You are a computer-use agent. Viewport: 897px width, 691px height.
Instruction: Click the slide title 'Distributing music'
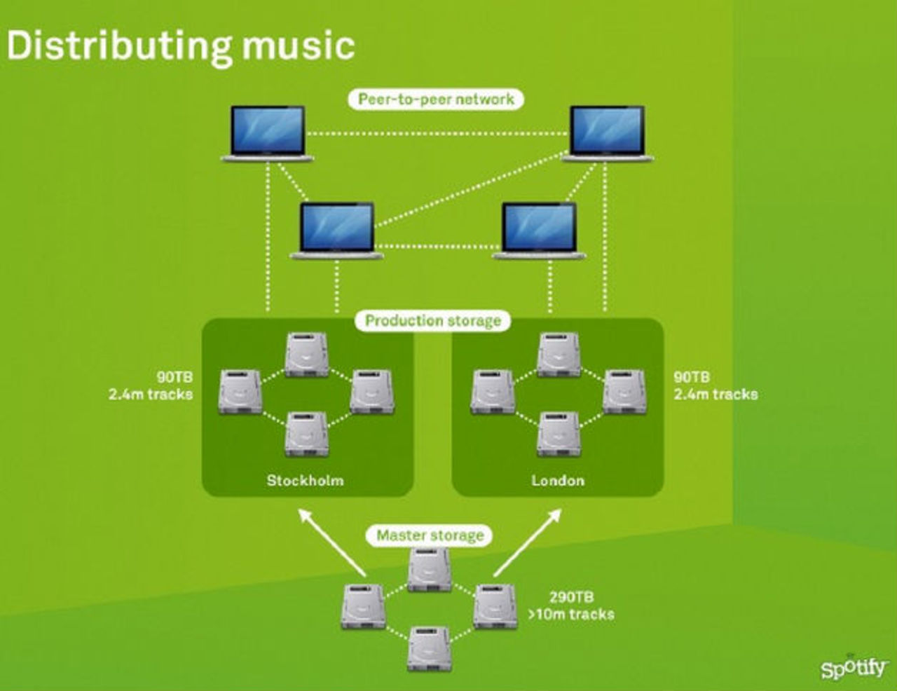(x=181, y=45)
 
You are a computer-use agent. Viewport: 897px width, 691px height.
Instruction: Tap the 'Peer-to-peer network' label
(x=436, y=99)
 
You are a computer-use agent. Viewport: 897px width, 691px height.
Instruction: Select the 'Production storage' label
(x=433, y=321)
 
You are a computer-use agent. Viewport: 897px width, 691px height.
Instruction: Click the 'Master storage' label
(x=430, y=535)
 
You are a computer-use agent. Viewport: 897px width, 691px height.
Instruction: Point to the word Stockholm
(x=305, y=481)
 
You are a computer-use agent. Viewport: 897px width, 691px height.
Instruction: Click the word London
(x=557, y=481)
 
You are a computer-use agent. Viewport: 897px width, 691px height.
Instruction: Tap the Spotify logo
(x=853, y=667)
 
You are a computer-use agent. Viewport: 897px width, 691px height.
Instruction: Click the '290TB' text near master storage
(x=571, y=597)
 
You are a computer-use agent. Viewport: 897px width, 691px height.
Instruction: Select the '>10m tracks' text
(x=571, y=615)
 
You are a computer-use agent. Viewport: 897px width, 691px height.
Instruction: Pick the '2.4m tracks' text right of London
(x=715, y=395)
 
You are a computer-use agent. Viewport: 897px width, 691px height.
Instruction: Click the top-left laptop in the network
(x=268, y=134)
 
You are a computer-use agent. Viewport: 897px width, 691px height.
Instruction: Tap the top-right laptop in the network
(x=607, y=134)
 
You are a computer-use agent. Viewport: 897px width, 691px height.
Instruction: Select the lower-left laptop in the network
(x=337, y=231)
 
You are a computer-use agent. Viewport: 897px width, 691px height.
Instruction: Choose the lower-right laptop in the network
(x=539, y=231)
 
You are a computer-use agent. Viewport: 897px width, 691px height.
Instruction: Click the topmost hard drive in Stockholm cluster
(x=306, y=355)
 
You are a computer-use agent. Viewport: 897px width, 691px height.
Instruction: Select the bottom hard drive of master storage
(x=429, y=649)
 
